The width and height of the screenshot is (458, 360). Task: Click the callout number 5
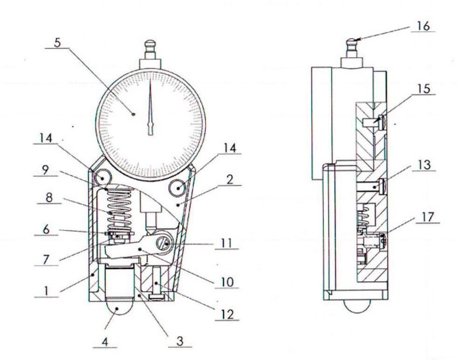tap(58, 43)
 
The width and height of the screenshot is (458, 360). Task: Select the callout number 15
tap(424, 89)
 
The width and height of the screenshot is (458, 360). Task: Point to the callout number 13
tap(424, 165)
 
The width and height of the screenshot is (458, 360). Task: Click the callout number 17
tap(428, 217)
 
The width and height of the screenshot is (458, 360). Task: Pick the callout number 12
tap(227, 314)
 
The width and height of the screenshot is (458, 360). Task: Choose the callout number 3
tap(180, 341)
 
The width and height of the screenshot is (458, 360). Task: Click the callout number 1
tap(46, 291)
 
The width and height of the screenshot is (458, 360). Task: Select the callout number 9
tap(45, 170)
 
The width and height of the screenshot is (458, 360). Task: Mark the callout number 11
tap(226, 243)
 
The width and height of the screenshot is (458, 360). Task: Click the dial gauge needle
tap(150, 107)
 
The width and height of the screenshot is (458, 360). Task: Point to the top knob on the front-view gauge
tap(150, 46)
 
